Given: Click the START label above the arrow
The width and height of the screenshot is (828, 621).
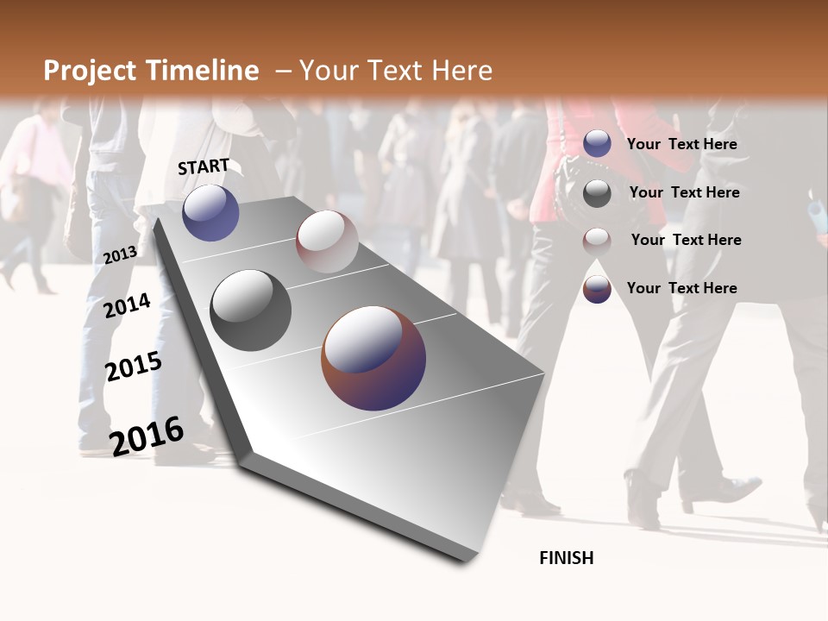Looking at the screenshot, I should (204, 166).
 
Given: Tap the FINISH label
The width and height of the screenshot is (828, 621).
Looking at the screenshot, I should (566, 558).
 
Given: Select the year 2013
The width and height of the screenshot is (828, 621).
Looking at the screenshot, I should (120, 254).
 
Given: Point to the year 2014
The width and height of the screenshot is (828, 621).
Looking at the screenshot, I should (127, 306).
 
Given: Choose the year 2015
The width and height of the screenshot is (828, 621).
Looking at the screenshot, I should (133, 367).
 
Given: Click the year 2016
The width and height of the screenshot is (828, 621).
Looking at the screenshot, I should (147, 436).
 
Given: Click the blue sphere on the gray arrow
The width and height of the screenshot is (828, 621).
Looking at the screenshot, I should (210, 212).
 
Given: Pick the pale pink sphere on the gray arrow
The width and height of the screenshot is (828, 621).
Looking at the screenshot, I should (327, 241).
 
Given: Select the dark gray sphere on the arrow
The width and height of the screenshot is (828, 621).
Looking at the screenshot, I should (250, 310).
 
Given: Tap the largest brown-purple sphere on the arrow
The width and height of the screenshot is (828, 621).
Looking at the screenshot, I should (373, 358).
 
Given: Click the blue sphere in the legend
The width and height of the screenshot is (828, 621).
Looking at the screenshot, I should (597, 144).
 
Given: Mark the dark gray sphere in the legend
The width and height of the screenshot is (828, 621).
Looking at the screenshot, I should (597, 193).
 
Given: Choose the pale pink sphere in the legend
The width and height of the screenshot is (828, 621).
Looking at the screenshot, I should (597, 241).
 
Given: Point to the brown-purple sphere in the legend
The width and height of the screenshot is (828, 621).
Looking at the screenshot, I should (597, 289).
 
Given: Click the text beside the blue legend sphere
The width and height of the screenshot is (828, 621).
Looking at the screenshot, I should (681, 144).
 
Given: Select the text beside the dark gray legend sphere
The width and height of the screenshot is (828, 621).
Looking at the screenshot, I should (684, 192).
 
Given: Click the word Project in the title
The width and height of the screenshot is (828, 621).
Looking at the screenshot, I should (90, 71).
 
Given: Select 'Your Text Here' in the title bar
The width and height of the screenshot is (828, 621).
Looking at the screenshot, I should (395, 71).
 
